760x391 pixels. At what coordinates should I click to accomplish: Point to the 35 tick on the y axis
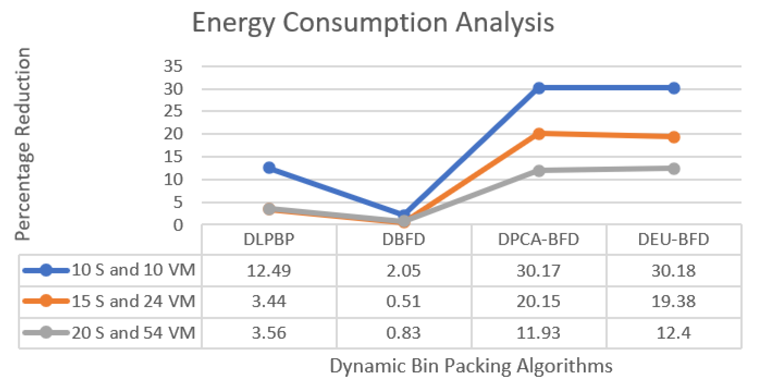tap(173, 66)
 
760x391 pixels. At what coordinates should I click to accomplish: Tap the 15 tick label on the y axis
tap(173, 157)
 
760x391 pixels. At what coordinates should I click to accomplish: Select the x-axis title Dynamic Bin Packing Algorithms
tap(471, 366)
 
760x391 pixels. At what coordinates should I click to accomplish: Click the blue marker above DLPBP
tap(269, 167)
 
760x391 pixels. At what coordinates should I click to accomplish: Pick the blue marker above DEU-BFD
tap(674, 88)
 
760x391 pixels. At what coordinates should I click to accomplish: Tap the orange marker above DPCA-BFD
tap(539, 134)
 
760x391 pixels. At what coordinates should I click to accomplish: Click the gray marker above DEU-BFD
tap(674, 169)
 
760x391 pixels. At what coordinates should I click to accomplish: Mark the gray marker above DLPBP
tap(269, 209)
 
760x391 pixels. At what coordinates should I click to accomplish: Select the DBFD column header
tap(404, 239)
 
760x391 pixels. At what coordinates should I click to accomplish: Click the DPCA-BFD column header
tap(539, 239)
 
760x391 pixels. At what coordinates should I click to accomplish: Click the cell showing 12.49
tap(269, 271)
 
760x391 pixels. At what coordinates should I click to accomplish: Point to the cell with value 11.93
tap(539, 333)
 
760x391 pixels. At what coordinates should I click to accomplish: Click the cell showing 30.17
tap(539, 271)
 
